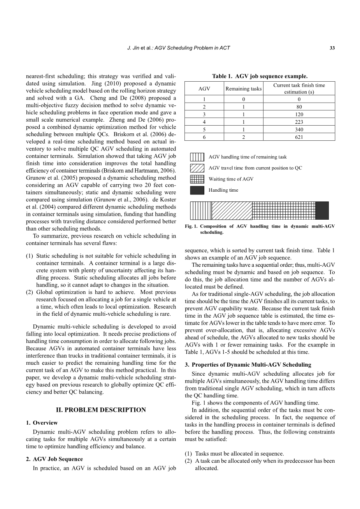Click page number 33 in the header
click(332, 48)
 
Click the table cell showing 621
click(299, 137)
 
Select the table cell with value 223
click(299, 122)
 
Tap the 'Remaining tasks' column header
click(244, 89)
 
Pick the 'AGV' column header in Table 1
click(204, 89)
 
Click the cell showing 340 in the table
click(299, 129)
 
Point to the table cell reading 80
click(299, 107)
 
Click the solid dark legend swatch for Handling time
click(197, 190)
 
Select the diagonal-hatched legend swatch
click(197, 168)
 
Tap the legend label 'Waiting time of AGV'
click(231, 179)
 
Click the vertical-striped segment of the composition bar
click(201, 210)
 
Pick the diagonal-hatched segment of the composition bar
click(232, 210)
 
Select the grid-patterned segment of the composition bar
click(284, 210)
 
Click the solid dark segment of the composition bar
click(322, 210)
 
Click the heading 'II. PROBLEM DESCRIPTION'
click(101, 410)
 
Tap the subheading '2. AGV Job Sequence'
click(54, 459)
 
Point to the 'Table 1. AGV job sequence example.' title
click(260, 76)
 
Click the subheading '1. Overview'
click(42, 423)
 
